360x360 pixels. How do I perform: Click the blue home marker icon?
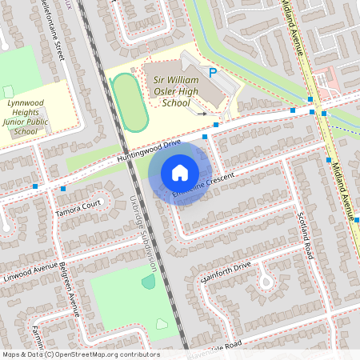click(180, 173)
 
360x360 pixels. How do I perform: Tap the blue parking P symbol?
click(213, 73)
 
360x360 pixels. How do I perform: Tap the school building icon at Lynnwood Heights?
click(8, 92)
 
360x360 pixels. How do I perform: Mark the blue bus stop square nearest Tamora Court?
click(63, 189)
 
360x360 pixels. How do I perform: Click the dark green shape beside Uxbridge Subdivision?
click(148, 282)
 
